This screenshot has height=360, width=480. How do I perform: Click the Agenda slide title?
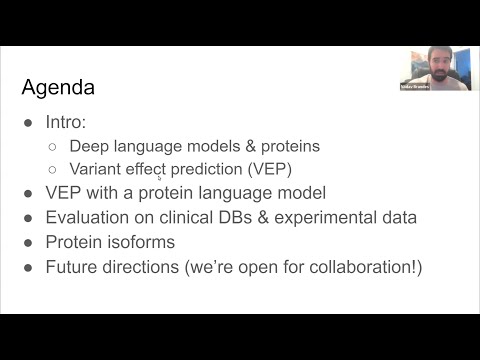tap(58, 88)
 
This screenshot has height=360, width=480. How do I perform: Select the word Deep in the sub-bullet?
tap(88, 145)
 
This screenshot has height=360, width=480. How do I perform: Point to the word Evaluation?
tap(89, 217)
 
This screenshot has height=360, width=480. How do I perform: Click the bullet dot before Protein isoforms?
tap(28, 242)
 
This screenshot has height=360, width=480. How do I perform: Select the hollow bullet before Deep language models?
tap(54, 146)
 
